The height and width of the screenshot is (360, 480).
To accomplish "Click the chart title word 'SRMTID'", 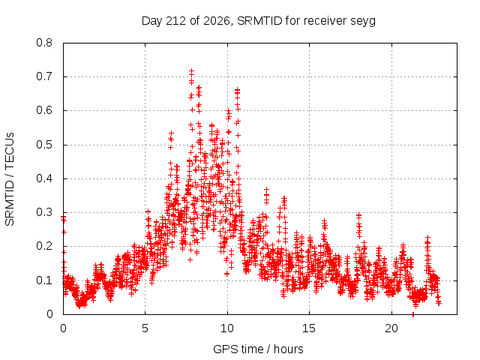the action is (259, 21).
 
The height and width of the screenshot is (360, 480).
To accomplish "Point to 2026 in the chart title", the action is (217, 21).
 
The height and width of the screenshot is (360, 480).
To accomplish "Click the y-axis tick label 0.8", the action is (44, 43).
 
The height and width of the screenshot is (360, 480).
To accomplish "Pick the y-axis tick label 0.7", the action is (44, 76).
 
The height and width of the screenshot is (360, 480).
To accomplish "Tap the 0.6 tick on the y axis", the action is (44, 110).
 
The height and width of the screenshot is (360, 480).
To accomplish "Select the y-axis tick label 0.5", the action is (44, 145).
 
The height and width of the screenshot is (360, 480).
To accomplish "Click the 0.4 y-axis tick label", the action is (44, 178).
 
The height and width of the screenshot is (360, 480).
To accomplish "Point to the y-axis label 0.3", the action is (44, 212).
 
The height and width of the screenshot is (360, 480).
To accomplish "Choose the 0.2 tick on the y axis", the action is (44, 246).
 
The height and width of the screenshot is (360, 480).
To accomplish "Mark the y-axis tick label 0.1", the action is (44, 280).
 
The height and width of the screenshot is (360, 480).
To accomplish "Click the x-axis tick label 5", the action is (145, 328).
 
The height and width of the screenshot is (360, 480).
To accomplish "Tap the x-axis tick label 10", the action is (227, 328).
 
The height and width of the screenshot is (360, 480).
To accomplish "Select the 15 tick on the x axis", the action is (309, 328).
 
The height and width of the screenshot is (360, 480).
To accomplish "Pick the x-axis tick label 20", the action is (391, 328).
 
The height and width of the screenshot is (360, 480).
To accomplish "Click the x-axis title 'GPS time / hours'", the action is (258, 349).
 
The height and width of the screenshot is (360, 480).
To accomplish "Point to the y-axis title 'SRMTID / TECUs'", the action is (10, 179).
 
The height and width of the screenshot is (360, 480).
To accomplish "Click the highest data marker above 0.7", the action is (192, 71).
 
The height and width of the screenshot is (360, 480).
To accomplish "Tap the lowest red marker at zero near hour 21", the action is (413, 314).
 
